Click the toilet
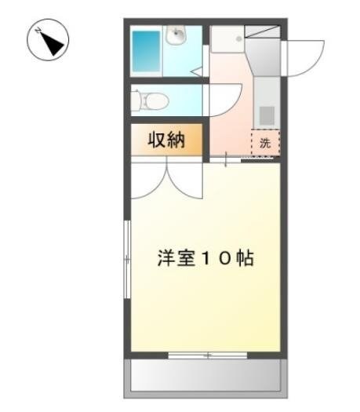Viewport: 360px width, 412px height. coord(149,100)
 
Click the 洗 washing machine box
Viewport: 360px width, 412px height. coord(265,142)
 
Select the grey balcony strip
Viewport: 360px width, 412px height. coord(205,379)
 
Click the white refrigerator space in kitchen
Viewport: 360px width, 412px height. coord(226,38)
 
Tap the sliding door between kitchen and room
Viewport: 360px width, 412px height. coord(227,160)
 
